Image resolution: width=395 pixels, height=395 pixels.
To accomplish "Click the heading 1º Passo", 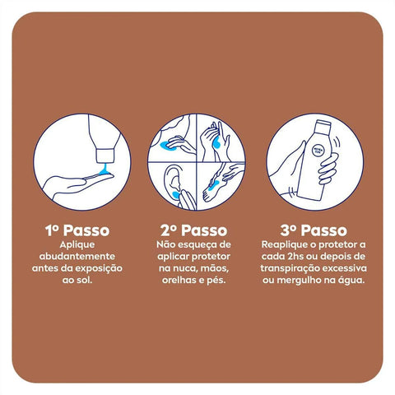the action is pos(77,230).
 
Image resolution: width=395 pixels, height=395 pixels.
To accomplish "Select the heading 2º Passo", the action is pos(194,230).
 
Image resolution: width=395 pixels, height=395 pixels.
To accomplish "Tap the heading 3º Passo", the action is pos(314,230).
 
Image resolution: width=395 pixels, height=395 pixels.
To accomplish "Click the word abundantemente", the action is pos(77,257).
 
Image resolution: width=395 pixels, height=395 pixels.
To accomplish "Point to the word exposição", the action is pos(99,268).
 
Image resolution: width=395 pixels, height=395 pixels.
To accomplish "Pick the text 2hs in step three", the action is pos(295,257).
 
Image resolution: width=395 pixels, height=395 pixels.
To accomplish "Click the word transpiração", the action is pos(290,268).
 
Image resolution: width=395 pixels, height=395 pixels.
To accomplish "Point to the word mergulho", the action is pos(300,281).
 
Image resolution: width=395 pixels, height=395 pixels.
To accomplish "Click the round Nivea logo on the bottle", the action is pos(318,151).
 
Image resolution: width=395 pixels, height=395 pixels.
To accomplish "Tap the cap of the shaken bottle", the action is pos(323,126).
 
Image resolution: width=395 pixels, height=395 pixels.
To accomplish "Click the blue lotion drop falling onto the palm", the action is pos(105,170).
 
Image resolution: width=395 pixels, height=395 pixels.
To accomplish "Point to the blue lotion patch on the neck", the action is pos(168,146).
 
